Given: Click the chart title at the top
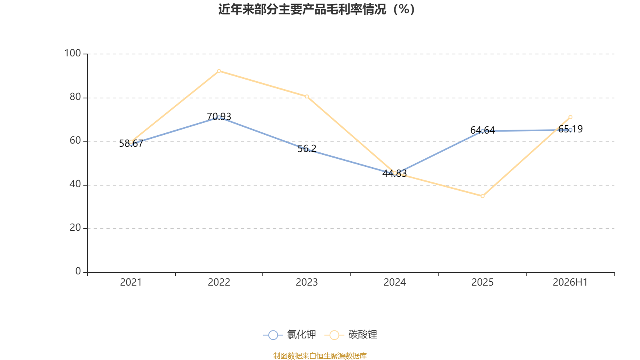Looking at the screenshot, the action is pyautogui.click(x=316, y=10).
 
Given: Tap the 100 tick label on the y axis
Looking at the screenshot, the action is pyautogui.click(x=72, y=54).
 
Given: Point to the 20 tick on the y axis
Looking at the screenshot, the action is pyautogui.click(x=75, y=228).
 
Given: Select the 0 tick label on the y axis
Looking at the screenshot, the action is pyautogui.click(x=78, y=272).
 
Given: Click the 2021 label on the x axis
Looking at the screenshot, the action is pyautogui.click(x=131, y=282).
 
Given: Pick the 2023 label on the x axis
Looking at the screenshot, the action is pyautogui.click(x=306, y=282).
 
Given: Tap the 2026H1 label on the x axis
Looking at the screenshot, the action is pyautogui.click(x=570, y=282).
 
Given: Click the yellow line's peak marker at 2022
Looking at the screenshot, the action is pyautogui.click(x=219, y=71).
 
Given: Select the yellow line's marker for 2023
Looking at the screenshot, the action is pyautogui.click(x=306, y=96).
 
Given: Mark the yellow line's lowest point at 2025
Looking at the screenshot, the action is pyautogui.click(x=482, y=196).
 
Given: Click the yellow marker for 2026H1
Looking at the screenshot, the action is pyautogui.click(x=570, y=117).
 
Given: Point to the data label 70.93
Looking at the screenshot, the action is pyautogui.click(x=219, y=116).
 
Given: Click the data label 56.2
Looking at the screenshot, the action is pyautogui.click(x=307, y=148).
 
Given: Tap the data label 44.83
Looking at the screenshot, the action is pyautogui.click(x=394, y=174).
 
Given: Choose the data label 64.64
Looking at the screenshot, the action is pyautogui.click(x=482, y=130).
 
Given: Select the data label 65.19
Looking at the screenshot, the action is pyautogui.click(x=570, y=129).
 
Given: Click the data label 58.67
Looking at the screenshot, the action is pyautogui.click(x=131, y=144).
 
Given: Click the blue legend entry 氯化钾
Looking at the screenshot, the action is pyautogui.click(x=290, y=334).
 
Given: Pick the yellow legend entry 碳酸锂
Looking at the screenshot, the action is pyautogui.click(x=351, y=334).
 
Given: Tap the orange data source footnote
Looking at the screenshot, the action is pyautogui.click(x=320, y=356).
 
